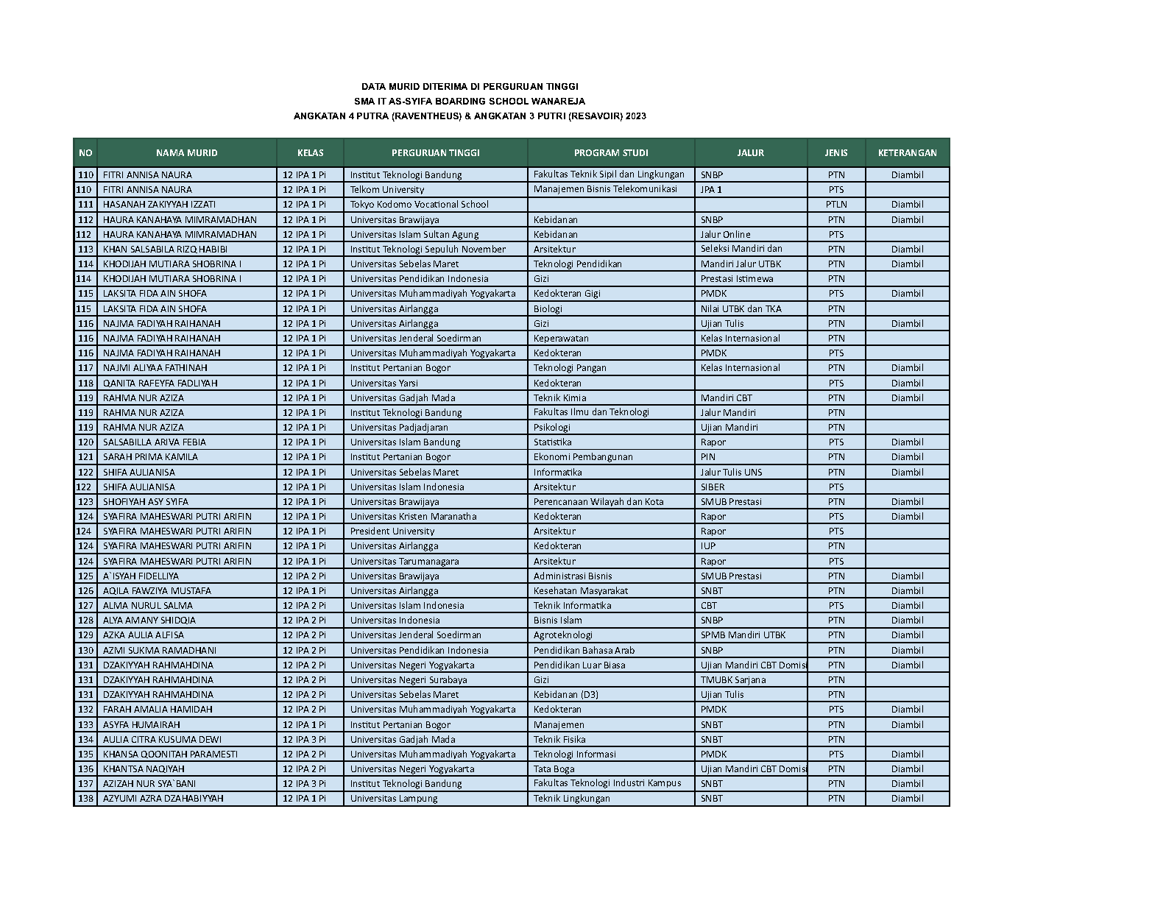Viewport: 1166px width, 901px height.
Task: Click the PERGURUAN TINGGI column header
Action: (x=435, y=153)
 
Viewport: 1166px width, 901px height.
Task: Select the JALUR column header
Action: (x=750, y=153)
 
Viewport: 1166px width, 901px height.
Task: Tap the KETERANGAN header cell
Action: (x=907, y=153)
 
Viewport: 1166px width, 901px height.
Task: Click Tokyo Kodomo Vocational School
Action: (x=419, y=205)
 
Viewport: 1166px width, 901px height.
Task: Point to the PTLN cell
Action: (x=836, y=205)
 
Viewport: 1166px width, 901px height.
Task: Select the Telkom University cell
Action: (x=387, y=190)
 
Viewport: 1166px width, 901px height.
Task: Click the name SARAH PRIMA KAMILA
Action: (x=150, y=457)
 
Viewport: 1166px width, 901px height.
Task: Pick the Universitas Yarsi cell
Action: (x=384, y=383)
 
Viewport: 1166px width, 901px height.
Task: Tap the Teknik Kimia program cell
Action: (x=560, y=397)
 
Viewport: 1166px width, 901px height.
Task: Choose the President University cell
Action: (x=392, y=531)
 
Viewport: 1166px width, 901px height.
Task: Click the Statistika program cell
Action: (x=553, y=442)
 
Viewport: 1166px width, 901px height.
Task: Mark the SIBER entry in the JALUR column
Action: (x=713, y=487)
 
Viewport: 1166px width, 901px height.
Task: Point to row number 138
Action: (x=86, y=799)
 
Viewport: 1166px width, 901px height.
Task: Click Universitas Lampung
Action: (x=394, y=799)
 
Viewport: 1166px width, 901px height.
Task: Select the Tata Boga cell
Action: (x=554, y=768)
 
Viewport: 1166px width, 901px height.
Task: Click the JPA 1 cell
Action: (x=711, y=190)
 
